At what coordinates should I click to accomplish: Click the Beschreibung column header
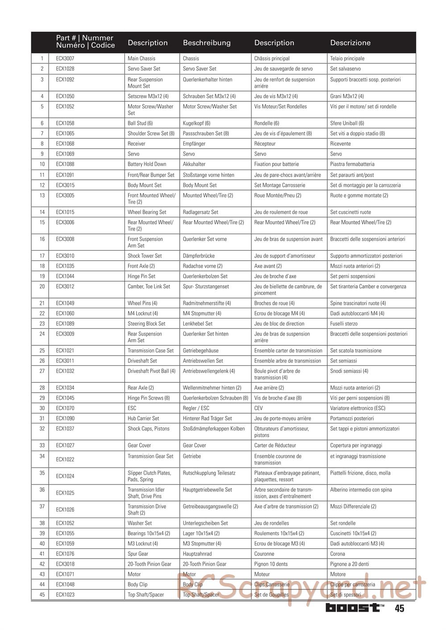click(206, 43)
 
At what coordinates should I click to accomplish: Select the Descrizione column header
click(350, 43)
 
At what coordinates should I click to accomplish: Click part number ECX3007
click(65, 58)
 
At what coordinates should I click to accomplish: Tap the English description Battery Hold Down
click(147, 164)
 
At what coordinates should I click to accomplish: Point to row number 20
click(42, 286)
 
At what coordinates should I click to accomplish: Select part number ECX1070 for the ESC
click(65, 408)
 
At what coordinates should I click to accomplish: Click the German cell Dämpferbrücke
click(198, 256)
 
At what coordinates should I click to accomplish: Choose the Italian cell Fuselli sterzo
click(343, 324)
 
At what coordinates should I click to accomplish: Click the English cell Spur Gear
click(138, 554)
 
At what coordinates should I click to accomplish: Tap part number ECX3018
click(65, 564)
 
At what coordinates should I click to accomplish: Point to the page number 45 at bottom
click(399, 609)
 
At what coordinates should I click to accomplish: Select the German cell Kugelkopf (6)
click(196, 123)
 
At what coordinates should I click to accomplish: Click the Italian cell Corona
click(338, 554)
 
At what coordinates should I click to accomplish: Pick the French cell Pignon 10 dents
click(271, 564)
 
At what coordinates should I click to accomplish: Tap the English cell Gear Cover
click(139, 446)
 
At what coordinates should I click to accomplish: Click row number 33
click(42, 446)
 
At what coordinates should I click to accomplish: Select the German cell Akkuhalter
click(194, 164)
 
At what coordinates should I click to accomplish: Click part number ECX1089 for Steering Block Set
click(65, 324)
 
